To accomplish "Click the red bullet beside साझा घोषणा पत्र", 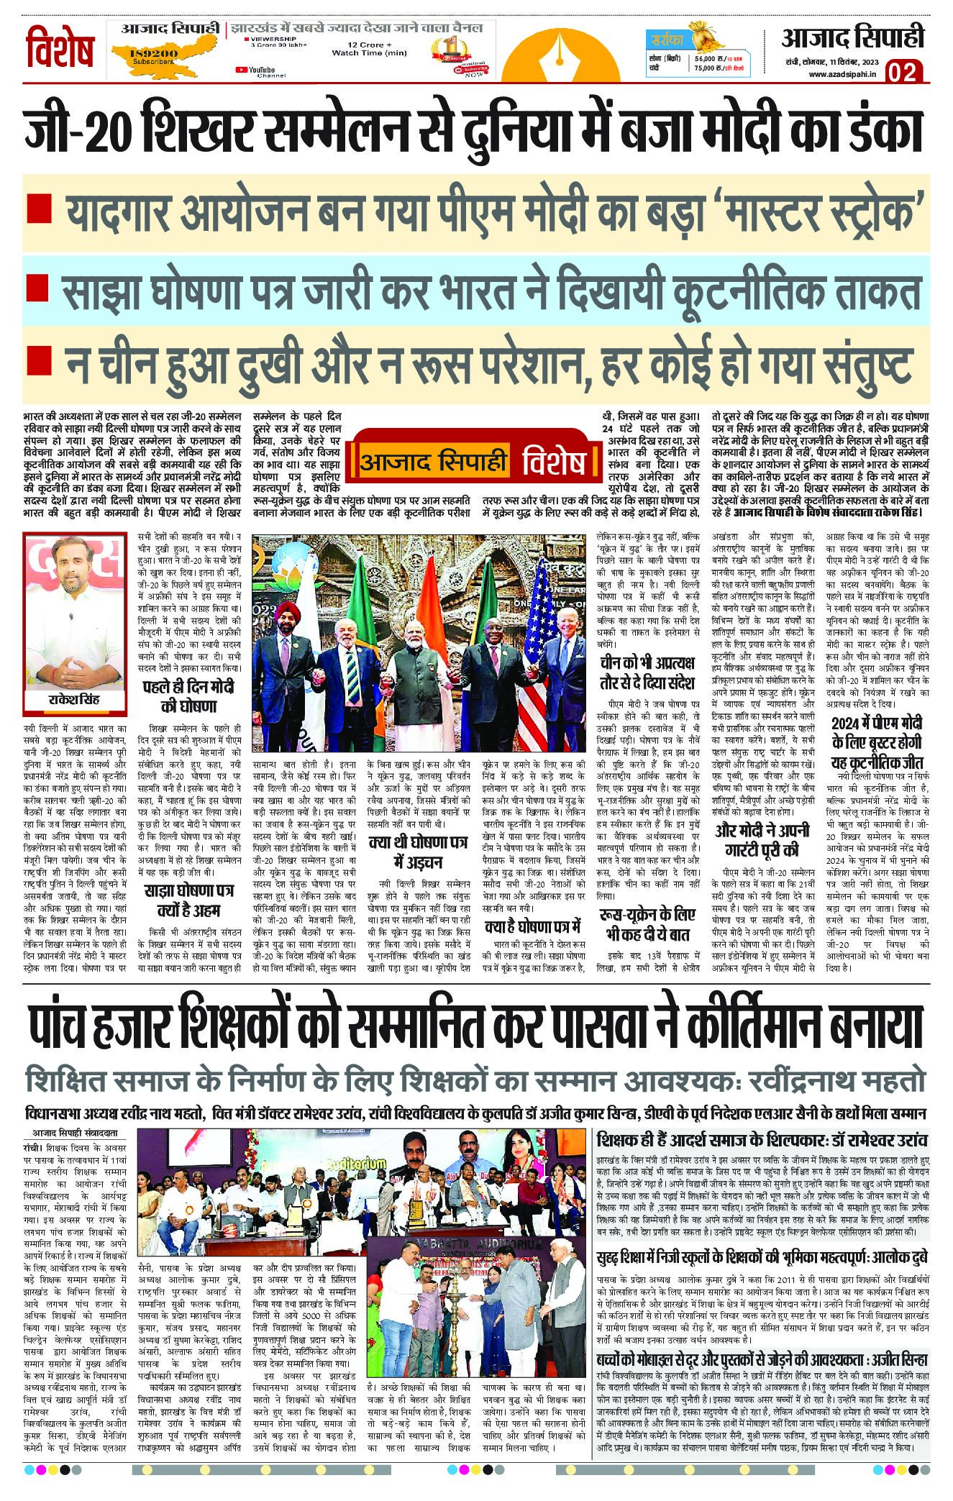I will (37, 288).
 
